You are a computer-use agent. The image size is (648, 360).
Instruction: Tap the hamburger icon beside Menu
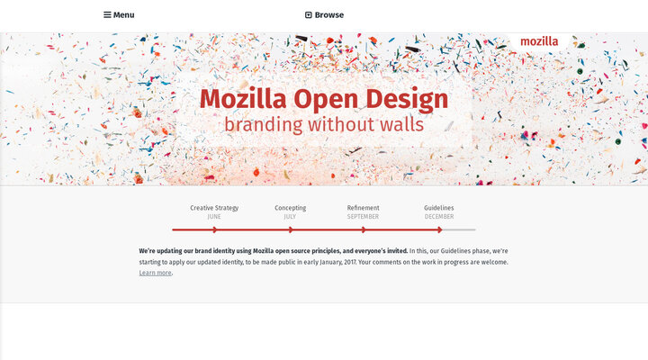pyautogui.click(x=107, y=15)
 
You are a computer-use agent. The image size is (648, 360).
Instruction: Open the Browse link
pyautogui.click(x=328, y=15)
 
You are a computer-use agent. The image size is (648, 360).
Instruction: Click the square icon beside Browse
pyautogui.click(x=309, y=15)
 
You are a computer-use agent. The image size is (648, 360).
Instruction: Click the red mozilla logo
pyautogui.click(x=539, y=41)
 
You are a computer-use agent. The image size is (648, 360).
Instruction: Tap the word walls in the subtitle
pyautogui.click(x=402, y=124)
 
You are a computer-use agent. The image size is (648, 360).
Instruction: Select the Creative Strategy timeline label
pyautogui.click(x=214, y=208)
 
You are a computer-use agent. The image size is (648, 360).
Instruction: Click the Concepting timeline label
pyautogui.click(x=290, y=208)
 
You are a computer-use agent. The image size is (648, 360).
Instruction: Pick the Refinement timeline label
pyautogui.click(x=364, y=208)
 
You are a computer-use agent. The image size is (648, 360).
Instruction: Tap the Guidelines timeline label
pyautogui.click(x=439, y=208)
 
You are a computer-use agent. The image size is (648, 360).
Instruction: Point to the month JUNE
pyautogui.click(x=214, y=217)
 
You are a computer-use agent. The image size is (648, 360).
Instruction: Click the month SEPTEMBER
pyautogui.click(x=364, y=217)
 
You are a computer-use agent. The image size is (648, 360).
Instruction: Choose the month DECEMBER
pyautogui.click(x=439, y=217)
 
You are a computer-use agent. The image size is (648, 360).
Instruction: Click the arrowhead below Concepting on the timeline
pyautogui.click(x=290, y=229)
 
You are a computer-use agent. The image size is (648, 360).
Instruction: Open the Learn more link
pyautogui.click(x=155, y=273)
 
